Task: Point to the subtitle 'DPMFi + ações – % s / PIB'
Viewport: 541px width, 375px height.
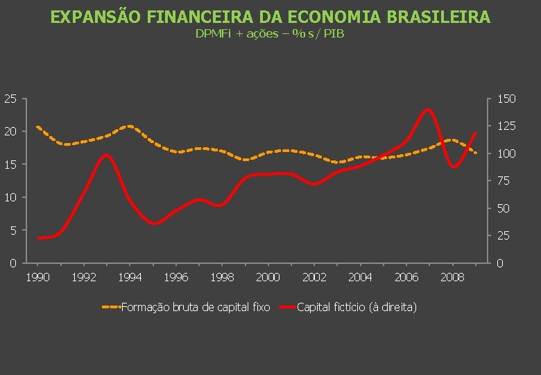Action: point(270,34)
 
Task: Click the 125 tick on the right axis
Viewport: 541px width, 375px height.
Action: point(506,126)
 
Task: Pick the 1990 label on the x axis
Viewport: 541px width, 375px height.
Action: point(37,277)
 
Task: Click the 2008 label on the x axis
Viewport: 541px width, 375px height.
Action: point(452,277)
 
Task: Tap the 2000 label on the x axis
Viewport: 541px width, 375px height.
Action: point(268,277)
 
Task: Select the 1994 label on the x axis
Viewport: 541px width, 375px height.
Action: point(130,277)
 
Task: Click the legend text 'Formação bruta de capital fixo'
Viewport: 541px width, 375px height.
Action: point(196,306)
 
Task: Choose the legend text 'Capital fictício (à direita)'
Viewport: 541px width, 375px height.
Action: point(357,306)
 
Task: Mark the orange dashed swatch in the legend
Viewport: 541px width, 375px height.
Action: point(110,306)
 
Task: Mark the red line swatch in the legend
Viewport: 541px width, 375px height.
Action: point(286,306)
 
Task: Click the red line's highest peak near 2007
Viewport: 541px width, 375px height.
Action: point(427,110)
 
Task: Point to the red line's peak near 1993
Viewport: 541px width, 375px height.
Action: point(106,155)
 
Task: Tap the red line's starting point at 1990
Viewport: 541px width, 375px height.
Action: point(39,238)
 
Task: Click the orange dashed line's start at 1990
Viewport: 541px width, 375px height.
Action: point(37,127)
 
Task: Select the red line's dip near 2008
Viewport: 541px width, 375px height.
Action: point(454,167)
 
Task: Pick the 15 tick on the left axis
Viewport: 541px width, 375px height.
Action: point(8,165)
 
